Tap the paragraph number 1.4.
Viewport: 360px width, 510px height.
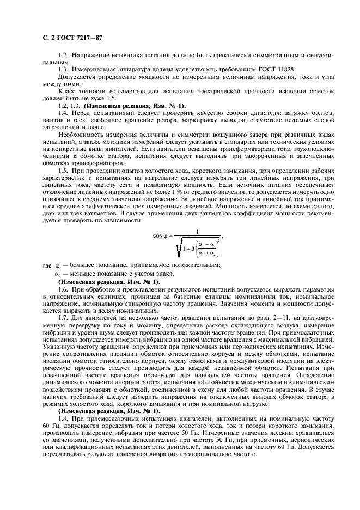tap(64, 113)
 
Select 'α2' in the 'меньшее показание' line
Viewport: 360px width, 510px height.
tap(58, 274)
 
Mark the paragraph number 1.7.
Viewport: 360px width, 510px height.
tap(64, 318)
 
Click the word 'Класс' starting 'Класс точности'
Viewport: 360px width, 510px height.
tap(67, 90)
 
